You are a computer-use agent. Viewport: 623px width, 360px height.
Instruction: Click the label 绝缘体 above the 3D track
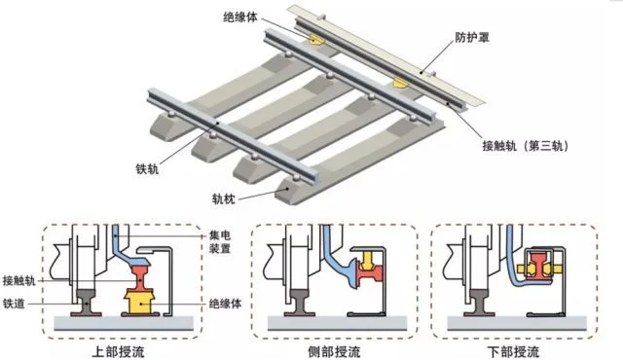240,18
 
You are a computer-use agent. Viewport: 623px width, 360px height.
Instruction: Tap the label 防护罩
472,37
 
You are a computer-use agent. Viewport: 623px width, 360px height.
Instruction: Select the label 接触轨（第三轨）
526,146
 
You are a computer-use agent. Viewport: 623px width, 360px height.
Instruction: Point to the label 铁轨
147,169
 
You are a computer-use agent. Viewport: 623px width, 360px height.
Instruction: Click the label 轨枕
223,198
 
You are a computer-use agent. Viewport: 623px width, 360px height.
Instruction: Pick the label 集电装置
220,242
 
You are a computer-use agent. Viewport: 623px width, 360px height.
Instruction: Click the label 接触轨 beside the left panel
19,280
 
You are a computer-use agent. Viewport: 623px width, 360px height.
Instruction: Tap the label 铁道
14,304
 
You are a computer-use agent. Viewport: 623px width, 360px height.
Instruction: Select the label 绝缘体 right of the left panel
225,304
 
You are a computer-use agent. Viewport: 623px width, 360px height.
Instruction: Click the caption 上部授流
118,351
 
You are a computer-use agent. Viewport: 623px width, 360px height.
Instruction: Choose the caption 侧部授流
334,351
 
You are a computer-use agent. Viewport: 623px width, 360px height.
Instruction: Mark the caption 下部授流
513,351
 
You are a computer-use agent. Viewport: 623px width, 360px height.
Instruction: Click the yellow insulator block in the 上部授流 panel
139,302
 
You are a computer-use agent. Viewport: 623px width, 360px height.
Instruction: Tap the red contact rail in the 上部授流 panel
140,277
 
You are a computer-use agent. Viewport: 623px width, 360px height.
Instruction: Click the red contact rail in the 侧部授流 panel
370,272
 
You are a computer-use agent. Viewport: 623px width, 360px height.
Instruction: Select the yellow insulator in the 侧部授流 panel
369,259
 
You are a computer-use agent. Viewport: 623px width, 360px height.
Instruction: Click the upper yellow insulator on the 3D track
317,39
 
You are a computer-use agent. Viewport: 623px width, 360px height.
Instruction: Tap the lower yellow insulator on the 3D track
400,84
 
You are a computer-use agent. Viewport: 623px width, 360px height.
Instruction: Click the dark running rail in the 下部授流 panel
480,302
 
